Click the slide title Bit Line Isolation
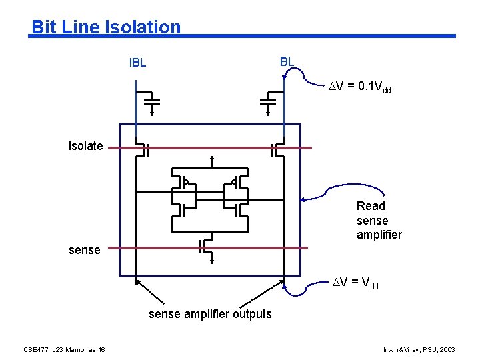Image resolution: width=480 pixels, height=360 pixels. click(x=106, y=27)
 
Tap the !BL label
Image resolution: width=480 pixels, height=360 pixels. click(x=137, y=64)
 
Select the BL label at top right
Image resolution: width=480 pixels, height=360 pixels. click(x=287, y=62)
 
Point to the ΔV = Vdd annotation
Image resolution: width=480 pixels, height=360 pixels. click(x=355, y=283)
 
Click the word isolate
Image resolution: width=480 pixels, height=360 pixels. click(x=85, y=146)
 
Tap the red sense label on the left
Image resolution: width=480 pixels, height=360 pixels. click(x=84, y=250)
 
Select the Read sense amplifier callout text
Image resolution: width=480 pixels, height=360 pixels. click(x=379, y=220)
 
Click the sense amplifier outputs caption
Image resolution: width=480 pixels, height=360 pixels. click(x=210, y=314)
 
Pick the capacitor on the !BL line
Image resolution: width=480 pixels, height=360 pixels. click(x=152, y=100)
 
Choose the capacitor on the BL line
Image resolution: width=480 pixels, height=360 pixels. click(x=268, y=100)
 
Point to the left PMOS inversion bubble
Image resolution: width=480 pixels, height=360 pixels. click(x=186, y=182)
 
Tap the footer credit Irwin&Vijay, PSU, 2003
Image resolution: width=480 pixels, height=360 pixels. click(x=419, y=350)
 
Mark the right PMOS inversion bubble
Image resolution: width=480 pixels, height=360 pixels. click(x=234, y=182)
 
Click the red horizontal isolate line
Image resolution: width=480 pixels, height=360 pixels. click(x=207, y=147)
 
